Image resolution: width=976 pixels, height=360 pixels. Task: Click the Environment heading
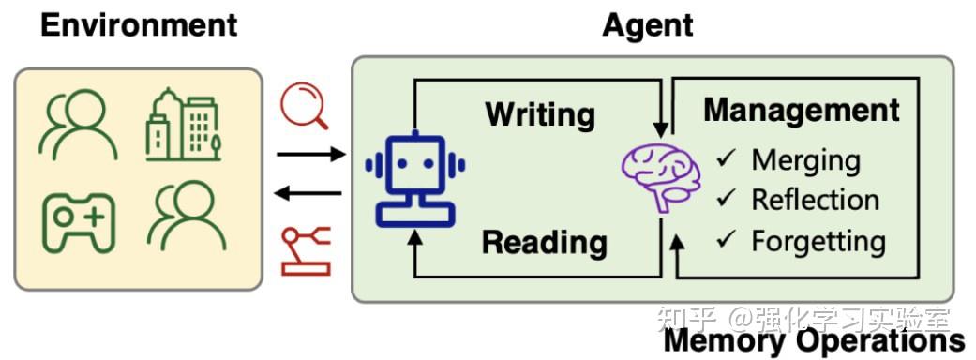[140, 25]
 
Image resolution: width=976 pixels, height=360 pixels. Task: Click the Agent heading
[647, 25]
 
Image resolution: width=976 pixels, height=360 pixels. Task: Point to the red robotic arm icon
[306, 252]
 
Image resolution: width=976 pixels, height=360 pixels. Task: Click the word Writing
[540, 114]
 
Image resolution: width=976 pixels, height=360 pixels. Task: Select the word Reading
[544, 243]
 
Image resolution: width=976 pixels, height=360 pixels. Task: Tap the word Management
[802, 110]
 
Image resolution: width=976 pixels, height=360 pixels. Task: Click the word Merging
[805, 159]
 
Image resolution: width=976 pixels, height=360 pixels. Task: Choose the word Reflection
[815, 200]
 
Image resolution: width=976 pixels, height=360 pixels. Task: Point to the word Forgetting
[818, 241]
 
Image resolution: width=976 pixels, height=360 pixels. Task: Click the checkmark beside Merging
[728, 158]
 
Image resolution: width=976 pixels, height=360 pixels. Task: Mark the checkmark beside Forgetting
[728, 240]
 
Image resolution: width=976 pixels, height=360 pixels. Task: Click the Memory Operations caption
[814, 341]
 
